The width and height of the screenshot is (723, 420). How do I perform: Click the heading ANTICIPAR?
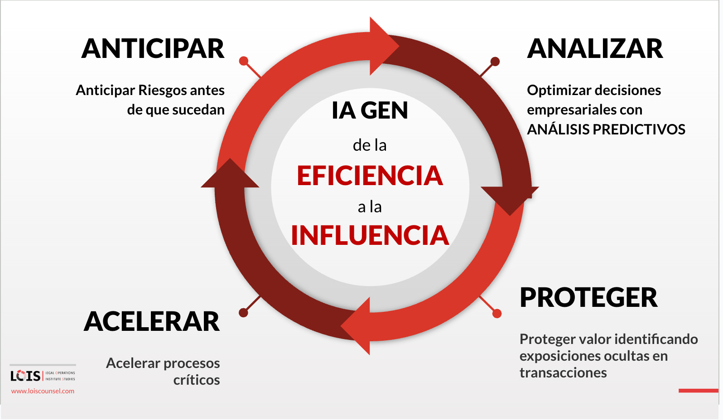click(153, 49)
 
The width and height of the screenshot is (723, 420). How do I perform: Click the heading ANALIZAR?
click(595, 49)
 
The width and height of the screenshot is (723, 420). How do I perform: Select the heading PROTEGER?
click(588, 298)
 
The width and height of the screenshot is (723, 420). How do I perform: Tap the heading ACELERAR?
click(152, 322)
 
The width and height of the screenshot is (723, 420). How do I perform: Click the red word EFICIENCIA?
click(370, 176)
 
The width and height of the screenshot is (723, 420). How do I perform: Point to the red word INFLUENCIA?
click(370, 236)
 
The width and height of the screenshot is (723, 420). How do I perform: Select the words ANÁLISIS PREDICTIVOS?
click(606, 130)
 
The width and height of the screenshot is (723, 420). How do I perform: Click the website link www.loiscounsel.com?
click(43, 391)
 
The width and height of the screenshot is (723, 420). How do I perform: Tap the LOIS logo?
click(26, 376)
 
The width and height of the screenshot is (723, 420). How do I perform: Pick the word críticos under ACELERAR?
click(197, 380)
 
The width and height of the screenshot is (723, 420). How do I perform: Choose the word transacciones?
click(563, 373)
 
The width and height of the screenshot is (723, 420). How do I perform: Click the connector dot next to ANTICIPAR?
click(244, 61)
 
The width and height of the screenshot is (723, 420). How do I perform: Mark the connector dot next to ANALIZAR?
click(495, 61)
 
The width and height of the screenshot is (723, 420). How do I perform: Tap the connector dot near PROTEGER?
click(497, 313)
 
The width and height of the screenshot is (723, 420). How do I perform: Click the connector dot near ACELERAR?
click(243, 313)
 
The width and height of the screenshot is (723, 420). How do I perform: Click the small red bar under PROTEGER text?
click(698, 391)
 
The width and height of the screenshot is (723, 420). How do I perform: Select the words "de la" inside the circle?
click(370, 146)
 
